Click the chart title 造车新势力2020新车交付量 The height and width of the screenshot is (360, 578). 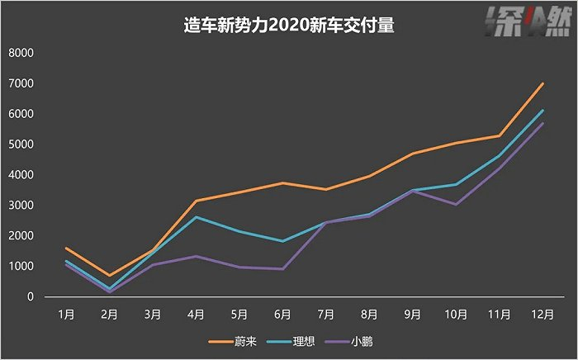289,26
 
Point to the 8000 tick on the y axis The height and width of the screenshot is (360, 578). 20,53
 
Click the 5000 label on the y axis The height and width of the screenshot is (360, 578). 20,144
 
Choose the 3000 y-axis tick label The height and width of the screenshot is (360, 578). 20,206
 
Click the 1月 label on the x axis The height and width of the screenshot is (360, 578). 66,315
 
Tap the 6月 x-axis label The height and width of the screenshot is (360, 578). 282,315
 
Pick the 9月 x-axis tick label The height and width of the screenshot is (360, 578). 413,315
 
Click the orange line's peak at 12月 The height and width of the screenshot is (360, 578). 542,83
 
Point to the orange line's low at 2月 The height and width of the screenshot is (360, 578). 109,276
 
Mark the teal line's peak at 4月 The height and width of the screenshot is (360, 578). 196,216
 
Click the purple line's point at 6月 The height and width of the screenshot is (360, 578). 282,268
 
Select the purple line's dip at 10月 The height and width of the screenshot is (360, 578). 456,204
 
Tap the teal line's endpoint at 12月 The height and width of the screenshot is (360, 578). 542,111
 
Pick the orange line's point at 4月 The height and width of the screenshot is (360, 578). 196,201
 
